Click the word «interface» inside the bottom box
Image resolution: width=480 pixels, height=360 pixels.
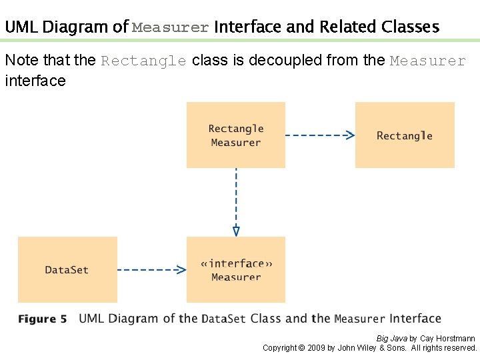click(236, 263)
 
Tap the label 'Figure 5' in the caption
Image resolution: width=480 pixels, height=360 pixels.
click(43, 319)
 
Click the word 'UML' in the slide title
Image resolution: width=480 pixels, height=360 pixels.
click(21, 27)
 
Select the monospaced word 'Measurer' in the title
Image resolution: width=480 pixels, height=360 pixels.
click(171, 28)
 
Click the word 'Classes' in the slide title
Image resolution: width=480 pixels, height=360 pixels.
click(411, 27)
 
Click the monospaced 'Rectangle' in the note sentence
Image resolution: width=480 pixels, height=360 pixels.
click(143, 61)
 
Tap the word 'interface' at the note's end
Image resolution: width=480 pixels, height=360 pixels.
click(35, 81)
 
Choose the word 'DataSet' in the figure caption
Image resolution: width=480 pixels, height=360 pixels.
click(224, 319)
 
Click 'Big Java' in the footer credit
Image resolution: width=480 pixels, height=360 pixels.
click(391, 339)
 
